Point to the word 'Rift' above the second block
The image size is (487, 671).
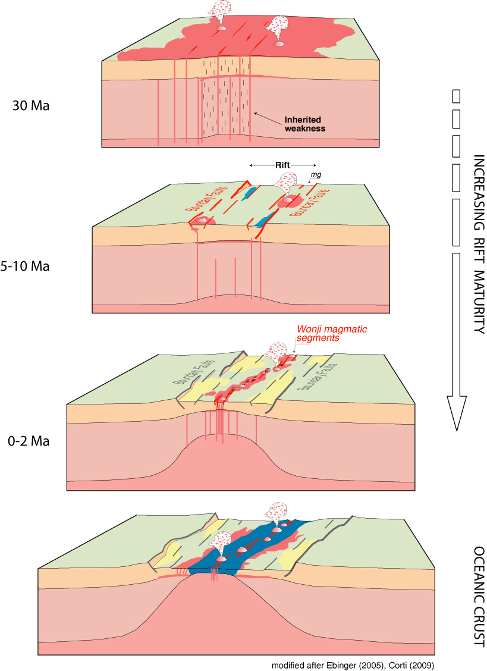pyautogui.click(x=282, y=165)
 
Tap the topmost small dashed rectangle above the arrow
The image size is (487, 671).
pyautogui.click(x=457, y=95)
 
